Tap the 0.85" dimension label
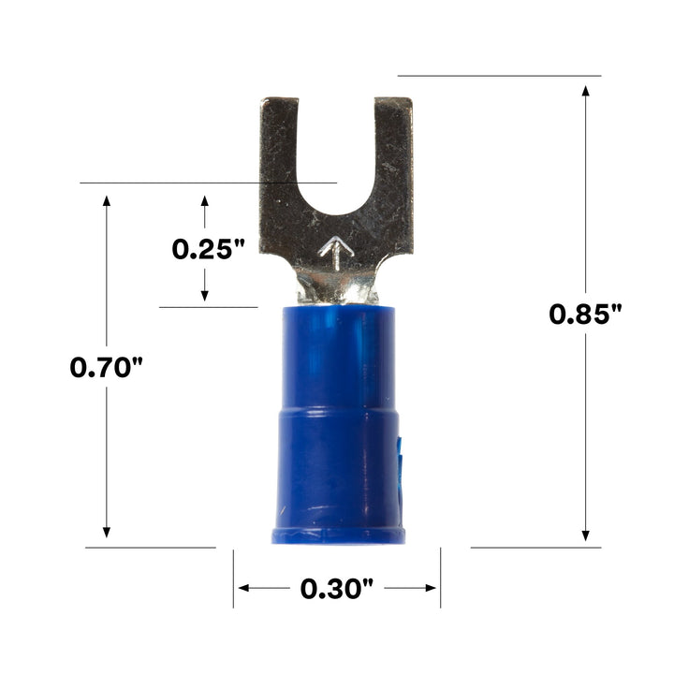[x=586, y=314]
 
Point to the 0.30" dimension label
[x=337, y=589]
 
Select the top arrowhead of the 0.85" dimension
[x=586, y=92]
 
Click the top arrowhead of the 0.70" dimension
[x=107, y=201]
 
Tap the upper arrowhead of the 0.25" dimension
[x=205, y=202]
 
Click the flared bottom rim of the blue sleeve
[x=338, y=535]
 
